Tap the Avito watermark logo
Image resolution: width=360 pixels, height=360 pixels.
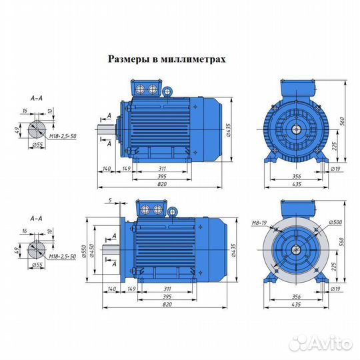331,342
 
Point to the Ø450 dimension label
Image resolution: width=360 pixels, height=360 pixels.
95,252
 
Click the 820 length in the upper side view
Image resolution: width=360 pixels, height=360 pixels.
163,184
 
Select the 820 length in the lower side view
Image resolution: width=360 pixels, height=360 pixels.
163,305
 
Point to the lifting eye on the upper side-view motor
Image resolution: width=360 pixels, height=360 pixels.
169,88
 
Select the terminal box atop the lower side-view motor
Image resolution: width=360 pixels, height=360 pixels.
149,209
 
